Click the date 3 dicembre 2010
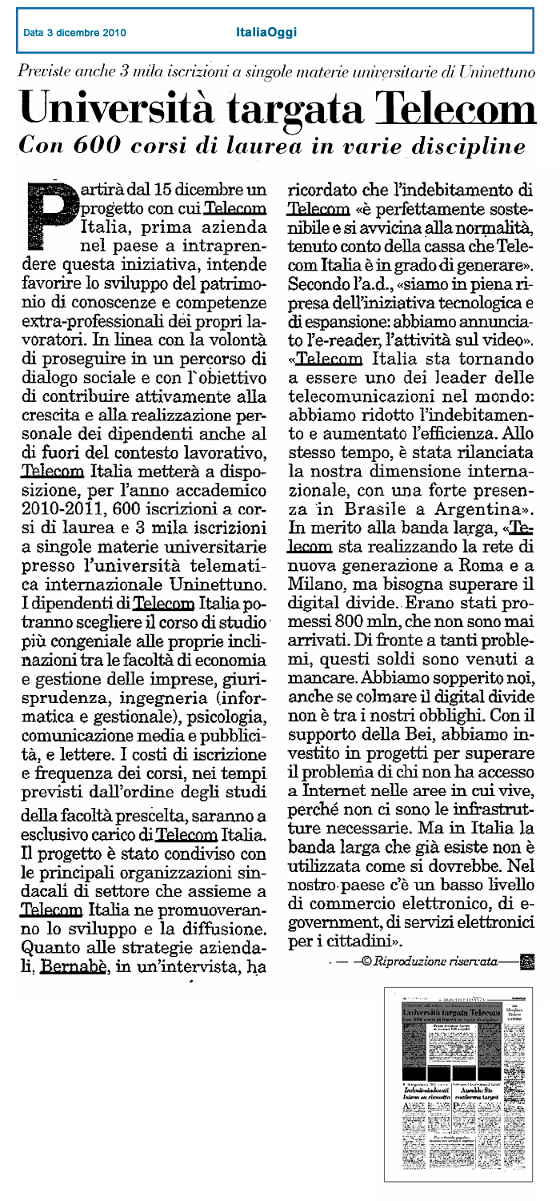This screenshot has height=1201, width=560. click(x=74, y=33)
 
